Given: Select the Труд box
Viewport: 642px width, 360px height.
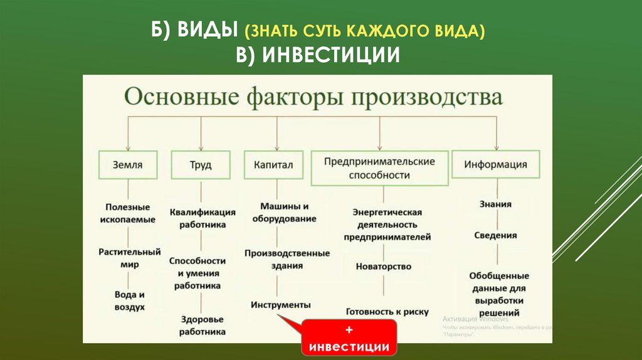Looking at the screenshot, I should tap(201, 166).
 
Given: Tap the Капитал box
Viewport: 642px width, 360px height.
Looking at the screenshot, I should tap(273, 166).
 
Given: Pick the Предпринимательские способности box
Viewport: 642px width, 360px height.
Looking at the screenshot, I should tap(379, 168).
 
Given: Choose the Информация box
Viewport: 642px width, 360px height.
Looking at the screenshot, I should tap(495, 165).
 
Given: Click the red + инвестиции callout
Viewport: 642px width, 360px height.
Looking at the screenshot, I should tap(349, 339).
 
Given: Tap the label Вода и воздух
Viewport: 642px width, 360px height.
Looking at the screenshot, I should tap(130, 300).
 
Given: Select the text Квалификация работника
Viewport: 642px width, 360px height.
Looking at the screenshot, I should tap(203, 218).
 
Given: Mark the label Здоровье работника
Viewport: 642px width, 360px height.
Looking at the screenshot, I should tap(202, 325).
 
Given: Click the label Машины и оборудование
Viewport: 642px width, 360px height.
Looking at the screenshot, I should tap(284, 213).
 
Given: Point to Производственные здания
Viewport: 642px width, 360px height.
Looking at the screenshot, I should tap(287, 259).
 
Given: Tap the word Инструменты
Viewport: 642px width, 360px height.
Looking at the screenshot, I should tap(281, 305).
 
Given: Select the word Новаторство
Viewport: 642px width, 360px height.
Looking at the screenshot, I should tap(384, 266).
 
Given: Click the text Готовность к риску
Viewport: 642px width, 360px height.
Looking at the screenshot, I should tap(387, 311).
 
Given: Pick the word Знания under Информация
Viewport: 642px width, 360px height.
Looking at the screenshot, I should tap(495, 204).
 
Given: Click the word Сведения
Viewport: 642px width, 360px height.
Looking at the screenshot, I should tap(495, 235).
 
